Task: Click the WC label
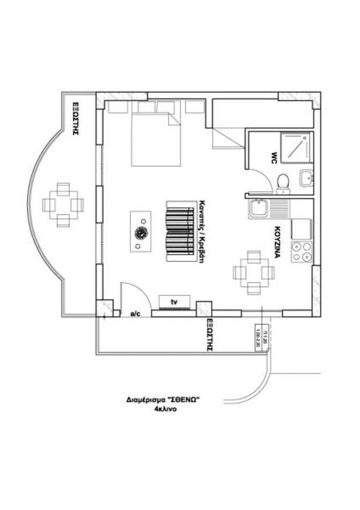[274, 157]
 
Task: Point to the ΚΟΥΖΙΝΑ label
[278, 242]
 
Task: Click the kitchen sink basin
[259, 208]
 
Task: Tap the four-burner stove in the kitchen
[302, 252]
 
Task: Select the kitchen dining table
[254, 272]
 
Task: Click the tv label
[174, 303]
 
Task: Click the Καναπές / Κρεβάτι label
[203, 230]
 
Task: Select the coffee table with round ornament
[141, 231]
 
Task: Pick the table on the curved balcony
[63, 205]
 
